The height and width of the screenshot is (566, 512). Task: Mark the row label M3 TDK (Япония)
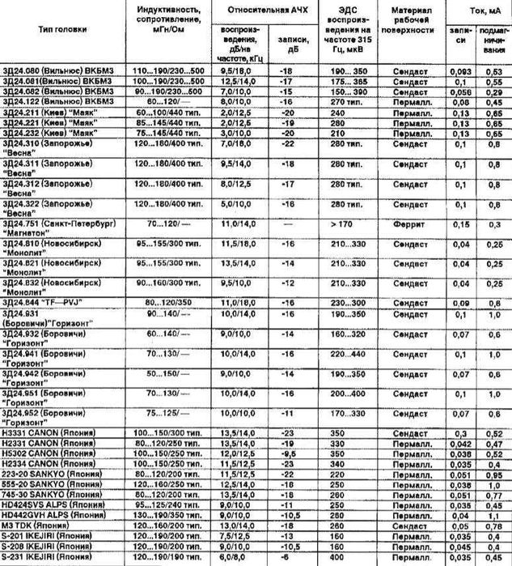pyautogui.click(x=36, y=525)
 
